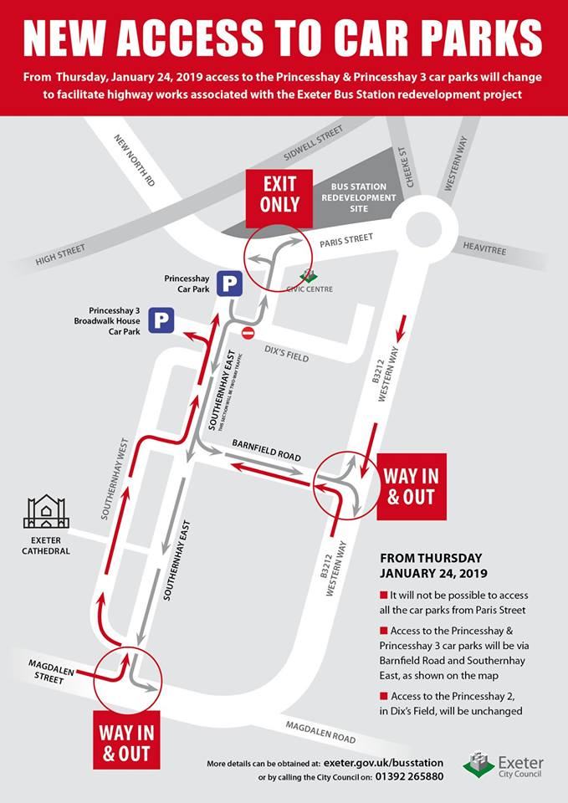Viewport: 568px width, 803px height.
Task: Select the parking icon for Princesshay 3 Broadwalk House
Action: pyautogui.click(x=161, y=320)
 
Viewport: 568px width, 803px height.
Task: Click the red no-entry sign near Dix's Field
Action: pyautogui.click(x=248, y=333)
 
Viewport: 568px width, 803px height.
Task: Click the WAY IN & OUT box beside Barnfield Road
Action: pyautogui.click(x=412, y=487)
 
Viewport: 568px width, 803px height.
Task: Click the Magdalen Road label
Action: pyautogui.click(x=320, y=733)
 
